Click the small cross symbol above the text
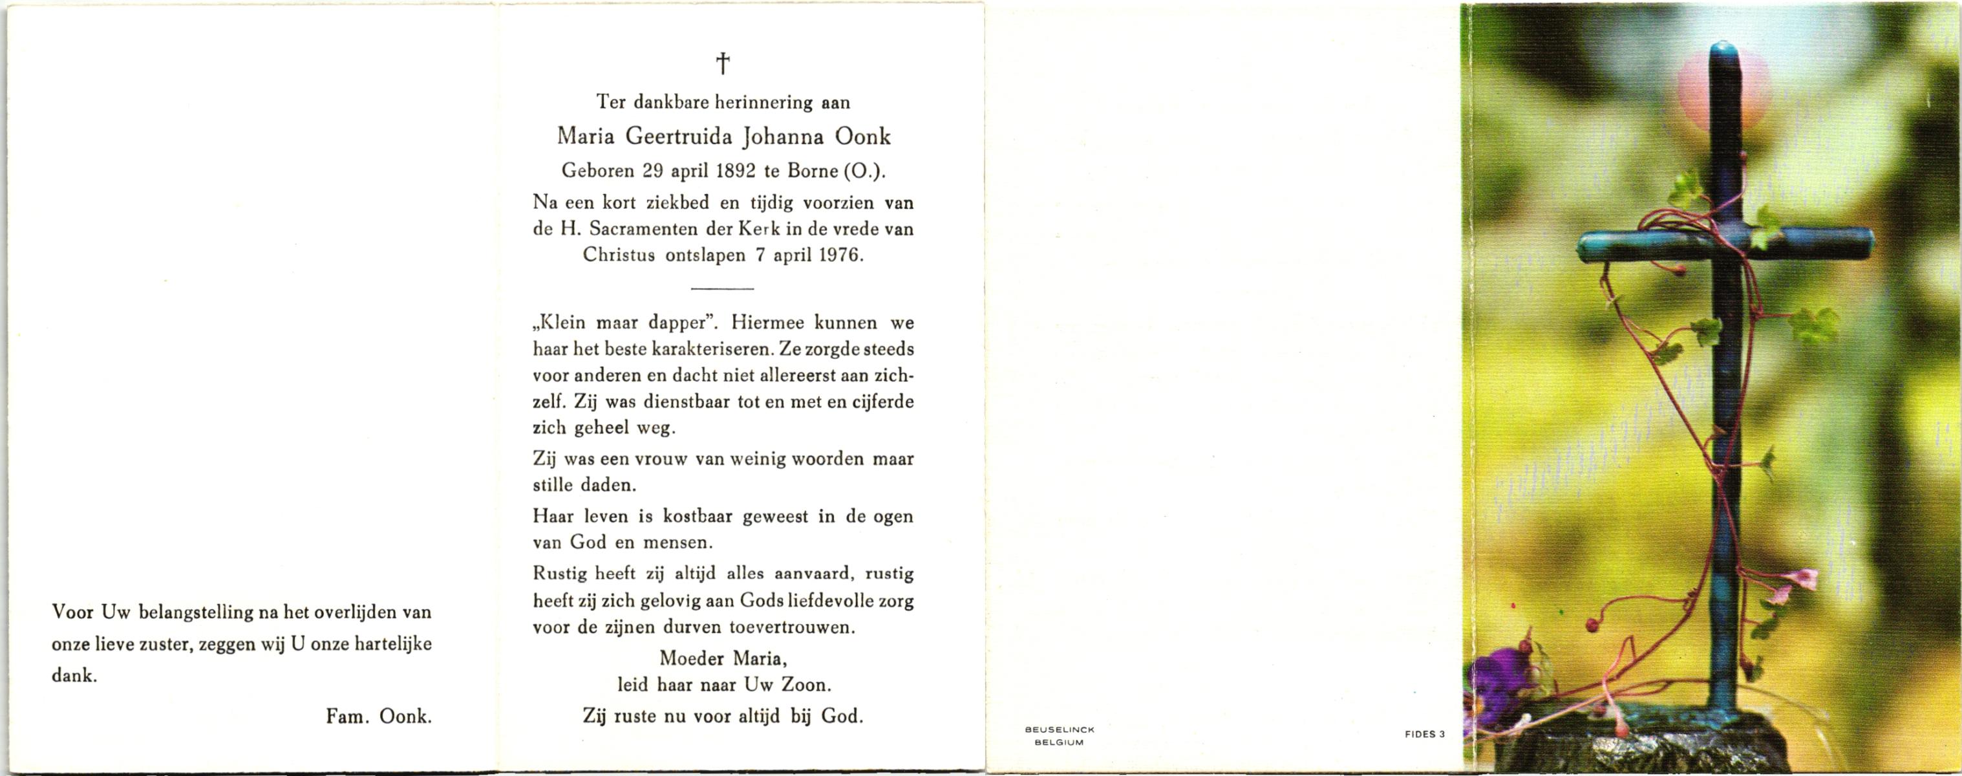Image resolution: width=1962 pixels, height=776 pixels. tap(723, 63)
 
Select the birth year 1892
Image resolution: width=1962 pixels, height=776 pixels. tap(736, 171)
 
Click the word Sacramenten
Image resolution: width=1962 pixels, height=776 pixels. tap(632, 229)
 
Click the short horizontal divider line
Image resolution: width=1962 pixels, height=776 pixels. tap(722, 288)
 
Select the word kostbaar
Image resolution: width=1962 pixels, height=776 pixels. tap(689, 516)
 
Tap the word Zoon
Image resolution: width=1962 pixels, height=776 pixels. tap(804, 685)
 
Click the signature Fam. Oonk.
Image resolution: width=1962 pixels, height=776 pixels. tap(379, 716)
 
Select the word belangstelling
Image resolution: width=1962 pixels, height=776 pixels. tap(209, 612)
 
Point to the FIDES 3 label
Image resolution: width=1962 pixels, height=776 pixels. tap(1424, 734)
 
